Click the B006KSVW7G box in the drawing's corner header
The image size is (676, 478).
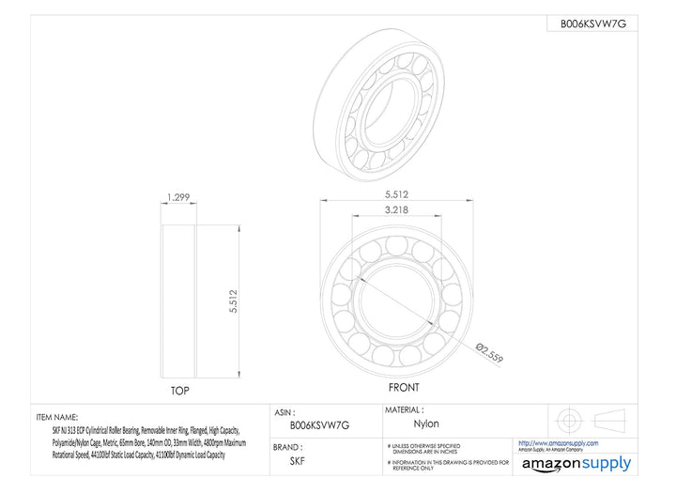click(x=592, y=24)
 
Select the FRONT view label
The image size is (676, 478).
click(x=405, y=387)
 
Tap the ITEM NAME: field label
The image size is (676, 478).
click(x=57, y=416)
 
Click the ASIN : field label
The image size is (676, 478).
click(x=285, y=411)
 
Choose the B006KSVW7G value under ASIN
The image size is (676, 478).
click(x=319, y=424)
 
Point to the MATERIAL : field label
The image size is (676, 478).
click(x=410, y=410)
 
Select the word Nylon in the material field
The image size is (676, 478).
click(x=427, y=424)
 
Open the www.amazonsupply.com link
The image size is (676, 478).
click(x=559, y=442)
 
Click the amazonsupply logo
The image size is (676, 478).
click(x=576, y=463)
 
